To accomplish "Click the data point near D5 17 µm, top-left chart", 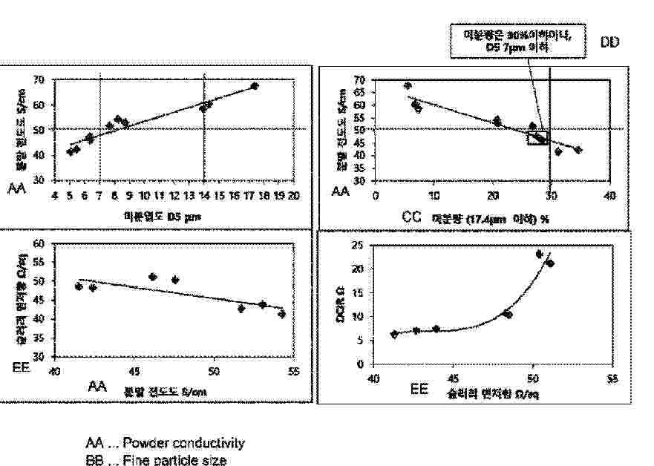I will tap(254, 86).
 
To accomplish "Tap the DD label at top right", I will tap(609, 43).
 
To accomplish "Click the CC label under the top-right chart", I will tap(413, 217).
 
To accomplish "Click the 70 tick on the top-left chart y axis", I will tap(39, 79).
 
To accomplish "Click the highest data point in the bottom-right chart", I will tap(540, 254).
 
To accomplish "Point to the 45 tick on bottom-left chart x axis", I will tap(134, 370).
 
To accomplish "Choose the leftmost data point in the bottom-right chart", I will tap(394, 334).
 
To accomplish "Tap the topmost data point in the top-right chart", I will tap(408, 86).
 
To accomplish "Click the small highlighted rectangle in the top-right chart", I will tap(537, 138).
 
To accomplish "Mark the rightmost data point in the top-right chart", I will tap(578, 150).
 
